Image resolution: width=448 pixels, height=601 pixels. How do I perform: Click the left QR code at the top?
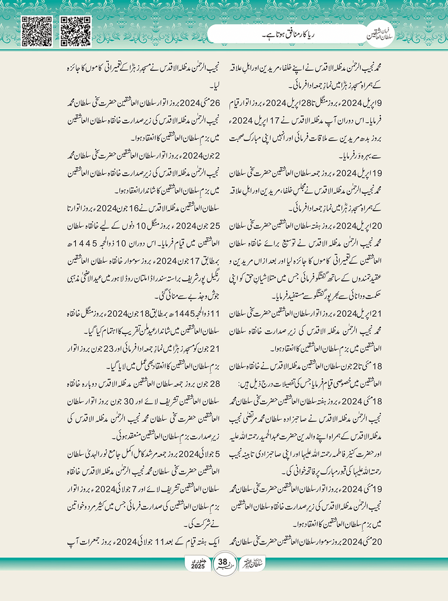[x=37, y=31]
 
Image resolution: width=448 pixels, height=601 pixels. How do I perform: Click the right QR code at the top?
[x=75, y=31]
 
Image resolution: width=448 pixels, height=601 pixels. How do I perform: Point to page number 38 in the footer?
[x=223, y=562]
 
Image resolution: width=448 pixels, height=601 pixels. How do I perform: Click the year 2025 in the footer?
[x=198, y=566]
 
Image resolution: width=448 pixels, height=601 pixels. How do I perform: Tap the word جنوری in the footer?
[x=198, y=560]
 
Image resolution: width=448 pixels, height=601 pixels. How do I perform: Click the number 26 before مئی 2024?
[x=215, y=103]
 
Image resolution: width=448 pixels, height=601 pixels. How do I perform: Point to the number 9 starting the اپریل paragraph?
[x=379, y=103]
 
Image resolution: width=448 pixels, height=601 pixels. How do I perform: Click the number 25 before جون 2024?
[x=215, y=226]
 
